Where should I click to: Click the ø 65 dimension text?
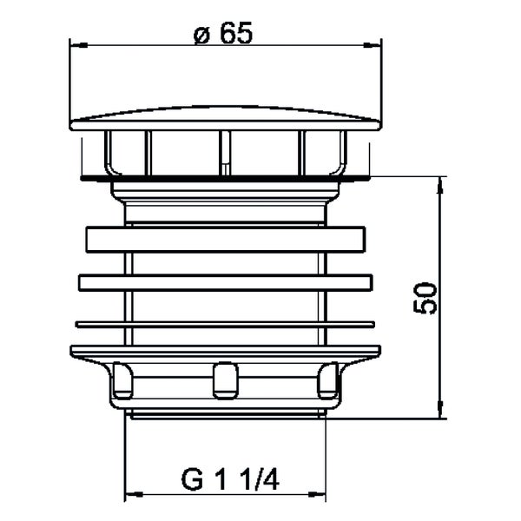[223, 33]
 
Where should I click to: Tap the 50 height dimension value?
[425, 298]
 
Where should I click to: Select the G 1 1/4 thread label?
[230, 479]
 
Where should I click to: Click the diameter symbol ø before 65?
[201, 36]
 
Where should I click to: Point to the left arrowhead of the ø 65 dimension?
[79, 45]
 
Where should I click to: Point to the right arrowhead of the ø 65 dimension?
[373, 45]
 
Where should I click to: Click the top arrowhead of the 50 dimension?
[440, 186]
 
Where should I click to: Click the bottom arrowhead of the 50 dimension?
[440, 410]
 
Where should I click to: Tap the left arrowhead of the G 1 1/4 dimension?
[134, 495]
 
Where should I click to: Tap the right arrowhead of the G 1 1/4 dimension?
[317, 495]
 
